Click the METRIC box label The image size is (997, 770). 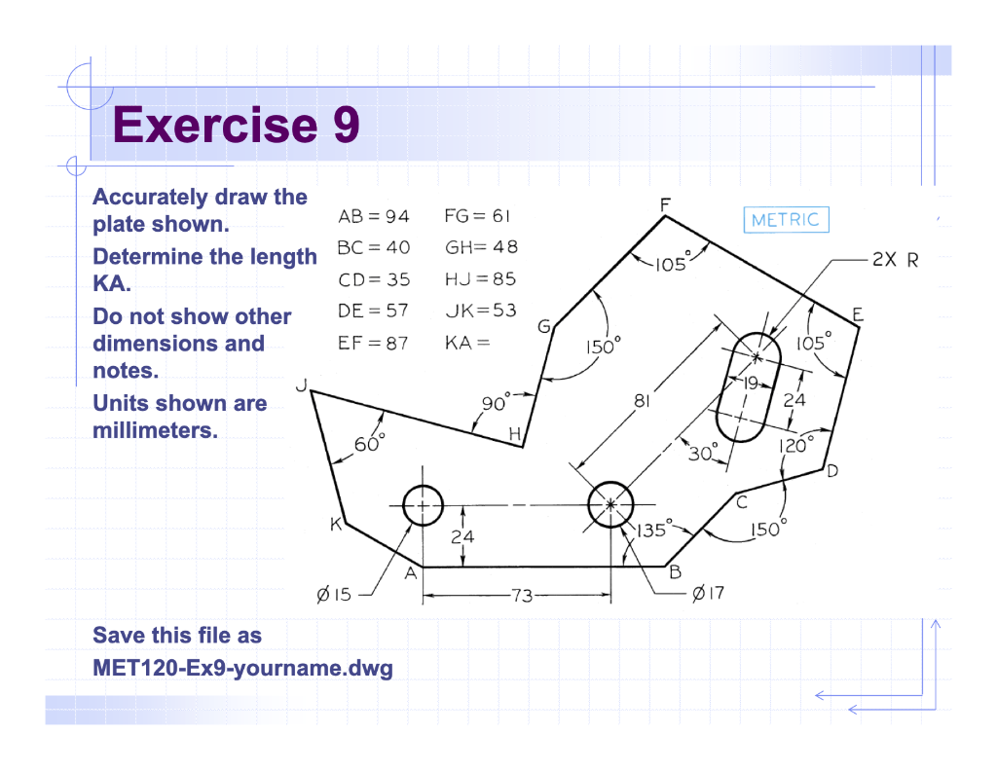point(786,220)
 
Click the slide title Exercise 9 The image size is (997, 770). point(237,126)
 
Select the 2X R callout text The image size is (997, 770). point(895,261)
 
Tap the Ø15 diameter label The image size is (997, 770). point(334,594)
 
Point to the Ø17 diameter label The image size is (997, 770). point(708,593)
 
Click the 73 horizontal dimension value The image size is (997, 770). point(523,595)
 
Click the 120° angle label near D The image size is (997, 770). point(794,446)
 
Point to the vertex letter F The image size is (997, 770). point(666,204)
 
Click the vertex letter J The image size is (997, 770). point(302,387)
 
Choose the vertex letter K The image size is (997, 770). point(335,526)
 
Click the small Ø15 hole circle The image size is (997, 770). point(423,504)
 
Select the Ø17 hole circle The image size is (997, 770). point(610,503)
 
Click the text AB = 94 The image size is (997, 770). point(374,216)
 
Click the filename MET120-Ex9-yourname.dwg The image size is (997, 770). point(242,669)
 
